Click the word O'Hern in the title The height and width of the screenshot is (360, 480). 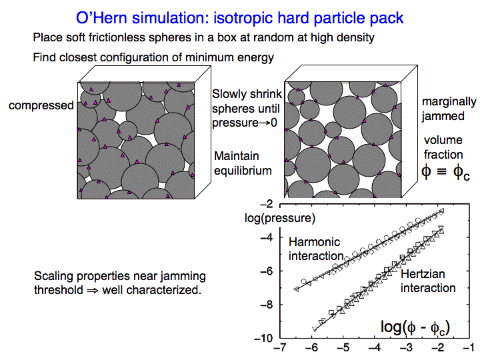click(101, 18)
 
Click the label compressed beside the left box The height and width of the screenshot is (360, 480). click(41, 105)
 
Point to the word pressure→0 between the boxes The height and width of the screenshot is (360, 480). click(245, 123)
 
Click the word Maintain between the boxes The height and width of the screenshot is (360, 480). click(236, 156)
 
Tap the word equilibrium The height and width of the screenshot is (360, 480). click(243, 171)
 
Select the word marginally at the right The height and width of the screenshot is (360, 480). click(449, 102)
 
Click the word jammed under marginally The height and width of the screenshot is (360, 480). click(443, 116)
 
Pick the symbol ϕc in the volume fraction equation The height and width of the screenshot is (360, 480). click(461, 173)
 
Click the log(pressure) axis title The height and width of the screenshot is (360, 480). click(280, 218)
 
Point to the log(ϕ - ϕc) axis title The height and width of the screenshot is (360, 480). click(415, 327)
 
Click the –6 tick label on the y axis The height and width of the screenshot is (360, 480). click(267, 271)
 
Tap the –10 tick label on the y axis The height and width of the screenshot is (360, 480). click(263, 338)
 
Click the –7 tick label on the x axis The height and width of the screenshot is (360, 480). click(280, 348)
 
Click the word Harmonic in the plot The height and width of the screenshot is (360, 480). click(315, 242)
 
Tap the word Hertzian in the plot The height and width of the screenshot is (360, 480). click(423, 274)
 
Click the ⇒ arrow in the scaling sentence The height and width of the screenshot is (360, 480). click(93, 290)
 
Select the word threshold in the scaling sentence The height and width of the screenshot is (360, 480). click(59, 289)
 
